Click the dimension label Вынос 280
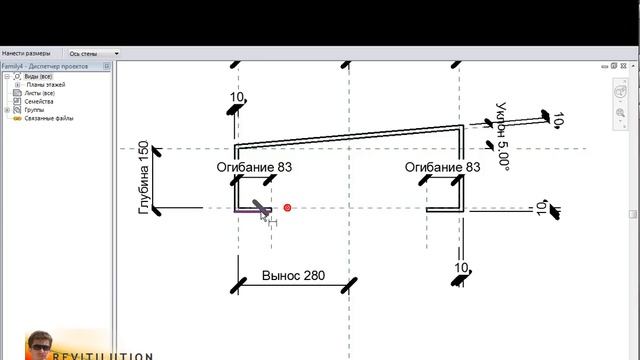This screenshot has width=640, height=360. pyautogui.click(x=293, y=275)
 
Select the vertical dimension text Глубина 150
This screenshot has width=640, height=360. pyautogui.click(x=144, y=177)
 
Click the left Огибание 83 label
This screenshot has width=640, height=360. pyautogui.click(x=255, y=167)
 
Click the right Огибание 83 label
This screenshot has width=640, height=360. pyautogui.click(x=442, y=167)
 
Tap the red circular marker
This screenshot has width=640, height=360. pyautogui.click(x=287, y=208)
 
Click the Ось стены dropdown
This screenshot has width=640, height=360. pyautogui.click(x=92, y=53)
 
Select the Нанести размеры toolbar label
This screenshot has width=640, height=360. pyautogui.click(x=26, y=53)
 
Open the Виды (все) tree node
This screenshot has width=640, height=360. pyautogui.click(x=38, y=76)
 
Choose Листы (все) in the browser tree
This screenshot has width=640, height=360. pyautogui.click(x=41, y=93)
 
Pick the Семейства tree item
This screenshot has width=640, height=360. pyautogui.click(x=40, y=101)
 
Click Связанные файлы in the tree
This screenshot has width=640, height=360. pyautogui.click(x=49, y=118)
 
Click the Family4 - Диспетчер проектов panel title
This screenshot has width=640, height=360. pyautogui.click(x=46, y=66)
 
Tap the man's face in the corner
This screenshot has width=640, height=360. pyautogui.click(x=43, y=345)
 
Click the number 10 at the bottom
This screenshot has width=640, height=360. pyautogui.click(x=462, y=267)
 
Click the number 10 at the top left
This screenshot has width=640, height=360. pyautogui.click(x=237, y=97)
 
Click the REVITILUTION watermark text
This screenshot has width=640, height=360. pyautogui.click(x=116, y=355)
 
